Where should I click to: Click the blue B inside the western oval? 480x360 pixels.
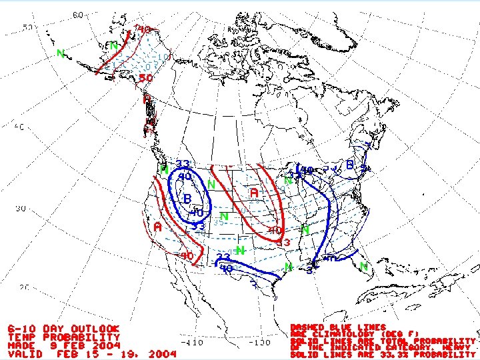tap(188, 199)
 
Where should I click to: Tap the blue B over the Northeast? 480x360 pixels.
tap(351, 164)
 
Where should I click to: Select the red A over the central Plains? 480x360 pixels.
tap(254, 192)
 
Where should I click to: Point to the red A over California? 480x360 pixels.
tap(157, 227)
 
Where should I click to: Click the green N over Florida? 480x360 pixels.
tap(364, 266)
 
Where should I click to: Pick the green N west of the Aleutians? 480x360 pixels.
tap(61, 53)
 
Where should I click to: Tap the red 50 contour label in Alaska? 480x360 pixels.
tap(146, 78)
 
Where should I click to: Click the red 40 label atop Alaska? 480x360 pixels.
tap(143, 29)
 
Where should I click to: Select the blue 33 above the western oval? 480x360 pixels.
tap(183, 164)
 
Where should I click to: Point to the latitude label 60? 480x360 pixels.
tap(78, 15)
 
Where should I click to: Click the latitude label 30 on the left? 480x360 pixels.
tap(22, 209)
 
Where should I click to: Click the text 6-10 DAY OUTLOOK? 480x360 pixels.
tap(64, 329)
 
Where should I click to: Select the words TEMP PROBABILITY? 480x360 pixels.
tap(64, 337)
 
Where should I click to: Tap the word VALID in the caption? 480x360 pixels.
tap(25, 355)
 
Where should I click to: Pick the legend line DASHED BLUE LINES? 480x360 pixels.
tap(338, 327)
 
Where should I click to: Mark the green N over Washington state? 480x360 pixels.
tap(164, 169)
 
